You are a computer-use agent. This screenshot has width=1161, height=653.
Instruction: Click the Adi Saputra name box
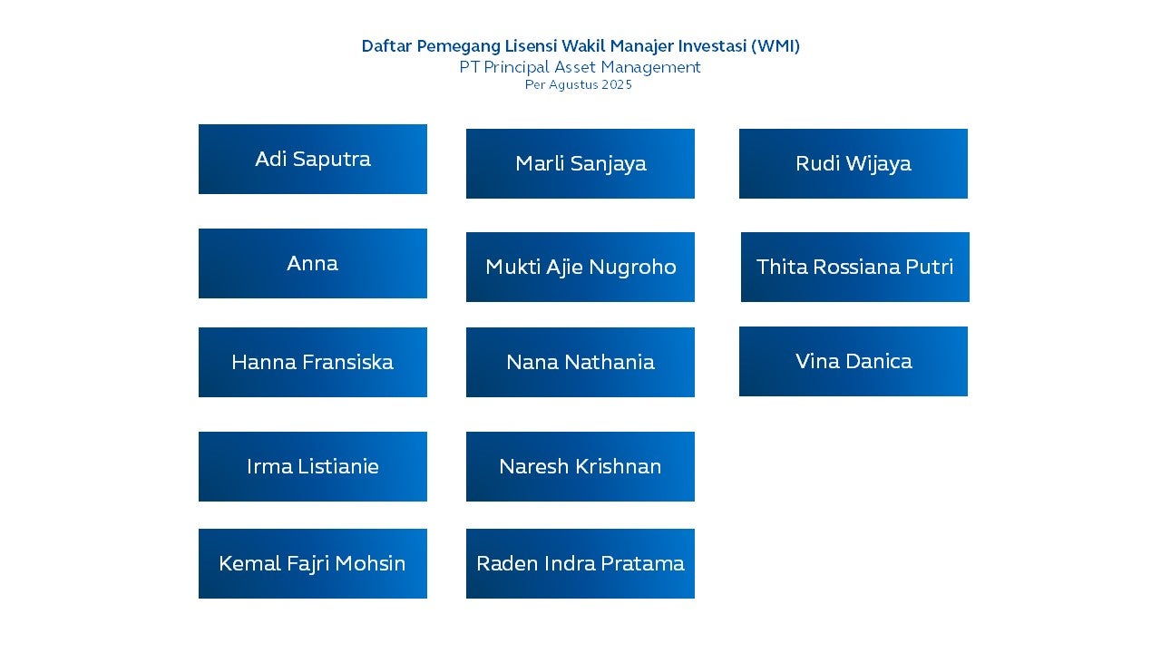pos(313,159)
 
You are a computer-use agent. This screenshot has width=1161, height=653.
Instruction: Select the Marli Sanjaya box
pos(580,164)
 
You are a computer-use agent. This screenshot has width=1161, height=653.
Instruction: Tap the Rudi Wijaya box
pos(854,164)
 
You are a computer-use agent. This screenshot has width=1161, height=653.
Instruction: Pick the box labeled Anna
pos(313,263)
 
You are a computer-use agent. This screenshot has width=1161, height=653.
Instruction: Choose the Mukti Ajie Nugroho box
pos(580,267)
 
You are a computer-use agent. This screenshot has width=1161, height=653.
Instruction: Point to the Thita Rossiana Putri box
pos(855,267)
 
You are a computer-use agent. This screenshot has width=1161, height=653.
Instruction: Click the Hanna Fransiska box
pos(313,362)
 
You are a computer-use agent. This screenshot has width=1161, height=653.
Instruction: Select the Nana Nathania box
pos(580,362)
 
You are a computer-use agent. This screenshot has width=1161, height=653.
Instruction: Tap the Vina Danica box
pos(854,361)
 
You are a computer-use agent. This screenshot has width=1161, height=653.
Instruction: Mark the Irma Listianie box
pos(313,466)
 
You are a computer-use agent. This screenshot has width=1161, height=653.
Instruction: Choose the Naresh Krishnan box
pos(580,466)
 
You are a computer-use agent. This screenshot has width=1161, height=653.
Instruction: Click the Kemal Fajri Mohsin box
pos(313,564)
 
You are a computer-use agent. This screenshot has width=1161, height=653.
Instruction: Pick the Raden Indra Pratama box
pos(580,564)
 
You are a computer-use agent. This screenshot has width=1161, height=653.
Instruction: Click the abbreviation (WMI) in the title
pos(776,46)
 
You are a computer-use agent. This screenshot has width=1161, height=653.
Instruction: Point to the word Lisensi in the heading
pos(531,46)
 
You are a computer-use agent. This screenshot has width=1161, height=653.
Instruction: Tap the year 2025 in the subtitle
pos(617,85)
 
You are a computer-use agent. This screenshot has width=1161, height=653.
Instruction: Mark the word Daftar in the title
pos(386,46)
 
